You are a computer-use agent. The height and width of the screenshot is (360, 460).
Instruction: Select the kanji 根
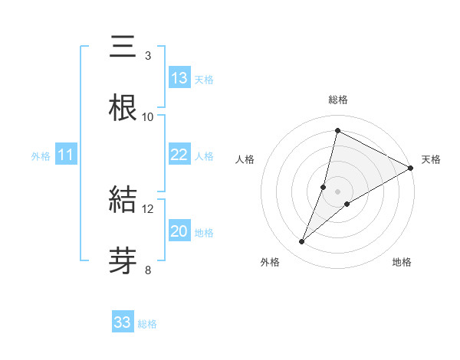click(x=123, y=108)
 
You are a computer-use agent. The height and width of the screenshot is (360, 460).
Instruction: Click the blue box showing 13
click(x=179, y=78)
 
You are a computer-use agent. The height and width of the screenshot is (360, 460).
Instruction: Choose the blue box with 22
click(x=179, y=155)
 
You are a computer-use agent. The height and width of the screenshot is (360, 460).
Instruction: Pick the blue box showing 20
click(x=179, y=231)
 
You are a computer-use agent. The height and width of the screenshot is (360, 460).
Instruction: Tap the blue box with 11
click(x=66, y=155)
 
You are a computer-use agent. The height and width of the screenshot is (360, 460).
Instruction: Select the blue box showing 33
click(x=123, y=322)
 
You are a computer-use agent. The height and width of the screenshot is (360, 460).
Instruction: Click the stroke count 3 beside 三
click(x=147, y=56)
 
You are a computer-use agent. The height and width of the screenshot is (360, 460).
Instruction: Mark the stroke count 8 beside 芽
click(x=147, y=270)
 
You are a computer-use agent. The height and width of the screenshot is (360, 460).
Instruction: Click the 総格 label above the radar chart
click(x=337, y=100)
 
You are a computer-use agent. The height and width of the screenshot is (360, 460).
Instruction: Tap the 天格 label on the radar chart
click(x=431, y=159)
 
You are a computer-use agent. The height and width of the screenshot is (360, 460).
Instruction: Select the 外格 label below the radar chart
click(x=270, y=263)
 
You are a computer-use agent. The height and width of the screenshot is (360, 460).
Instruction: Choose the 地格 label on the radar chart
click(x=402, y=263)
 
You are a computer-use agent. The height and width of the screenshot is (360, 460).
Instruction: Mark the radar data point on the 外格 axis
click(x=302, y=242)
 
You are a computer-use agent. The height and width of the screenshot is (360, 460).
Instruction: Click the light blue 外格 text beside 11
click(x=41, y=155)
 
